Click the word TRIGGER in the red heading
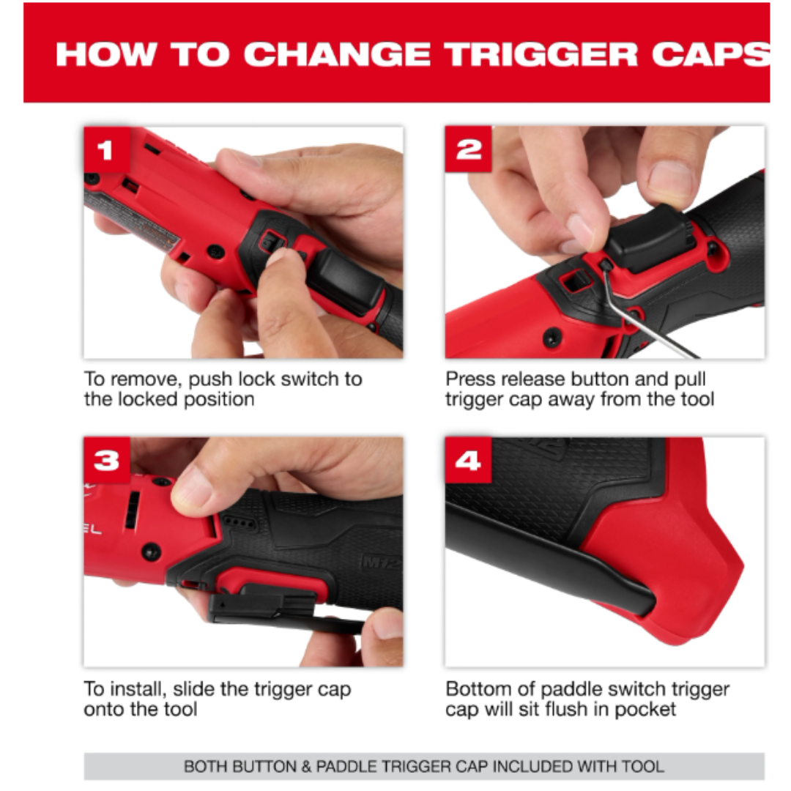(x=542, y=54)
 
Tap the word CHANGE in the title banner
(x=337, y=54)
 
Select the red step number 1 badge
(x=107, y=150)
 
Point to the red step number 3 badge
(x=107, y=460)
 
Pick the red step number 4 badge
(x=468, y=460)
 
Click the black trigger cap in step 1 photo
(x=348, y=280)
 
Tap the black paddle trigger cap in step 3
(x=272, y=608)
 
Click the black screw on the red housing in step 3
(x=151, y=552)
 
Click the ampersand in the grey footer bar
(x=306, y=767)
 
